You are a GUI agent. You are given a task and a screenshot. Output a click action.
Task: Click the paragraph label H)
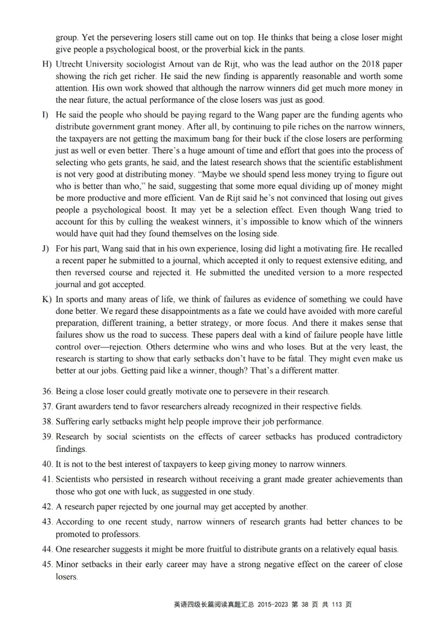click(x=46, y=64)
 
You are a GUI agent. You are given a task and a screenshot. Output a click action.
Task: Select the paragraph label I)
click(x=45, y=115)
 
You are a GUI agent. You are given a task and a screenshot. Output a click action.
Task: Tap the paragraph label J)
click(x=46, y=248)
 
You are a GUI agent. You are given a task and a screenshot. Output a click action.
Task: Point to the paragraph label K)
click(x=46, y=299)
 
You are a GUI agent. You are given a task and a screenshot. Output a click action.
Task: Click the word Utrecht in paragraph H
click(x=70, y=64)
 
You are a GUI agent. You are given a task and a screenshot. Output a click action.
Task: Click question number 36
click(x=47, y=391)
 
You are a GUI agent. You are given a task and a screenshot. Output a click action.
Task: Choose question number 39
click(x=47, y=437)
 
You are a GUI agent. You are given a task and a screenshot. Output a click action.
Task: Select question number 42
click(x=47, y=506)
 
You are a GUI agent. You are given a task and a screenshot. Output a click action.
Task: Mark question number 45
click(x=47, y=565)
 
